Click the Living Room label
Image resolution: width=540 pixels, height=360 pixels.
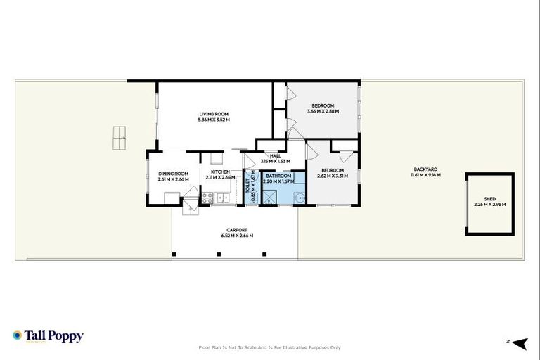[214, 114]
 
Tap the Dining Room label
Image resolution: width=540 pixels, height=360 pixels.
[173, 174]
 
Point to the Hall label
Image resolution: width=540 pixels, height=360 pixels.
[275, 156]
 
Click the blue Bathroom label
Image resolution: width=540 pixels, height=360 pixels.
[278, 176]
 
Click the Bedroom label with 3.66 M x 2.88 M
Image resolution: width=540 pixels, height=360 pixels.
[323, 105]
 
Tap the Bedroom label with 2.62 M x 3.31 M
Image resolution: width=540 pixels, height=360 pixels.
[332, 170]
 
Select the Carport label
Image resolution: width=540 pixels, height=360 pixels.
[236, 230]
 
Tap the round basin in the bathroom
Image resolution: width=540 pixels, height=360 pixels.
[300, 198]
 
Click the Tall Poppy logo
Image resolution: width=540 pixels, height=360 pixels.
[48, 336]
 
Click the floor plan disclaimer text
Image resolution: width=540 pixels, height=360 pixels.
[270, 347]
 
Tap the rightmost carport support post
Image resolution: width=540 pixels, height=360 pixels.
[264, 254]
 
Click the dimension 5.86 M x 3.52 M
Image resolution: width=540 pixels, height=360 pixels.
[214, 119]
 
